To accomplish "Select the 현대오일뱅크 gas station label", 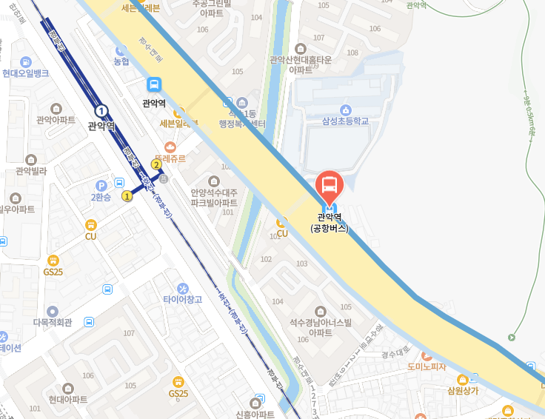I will [26, 73].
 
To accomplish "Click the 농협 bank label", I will [121, 61].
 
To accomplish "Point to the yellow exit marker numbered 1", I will [127, 196].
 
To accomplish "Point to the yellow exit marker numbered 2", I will [156, 164].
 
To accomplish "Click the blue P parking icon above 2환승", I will [101, 185].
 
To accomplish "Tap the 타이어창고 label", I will [182, 298].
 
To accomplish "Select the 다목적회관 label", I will [52, 322].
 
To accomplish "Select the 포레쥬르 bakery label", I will [171, 158].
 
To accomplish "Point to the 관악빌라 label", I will [31, 170].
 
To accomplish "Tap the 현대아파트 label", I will [68, 398].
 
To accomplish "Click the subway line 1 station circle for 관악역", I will [101, 112].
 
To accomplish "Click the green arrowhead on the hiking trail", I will [511, 338].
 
